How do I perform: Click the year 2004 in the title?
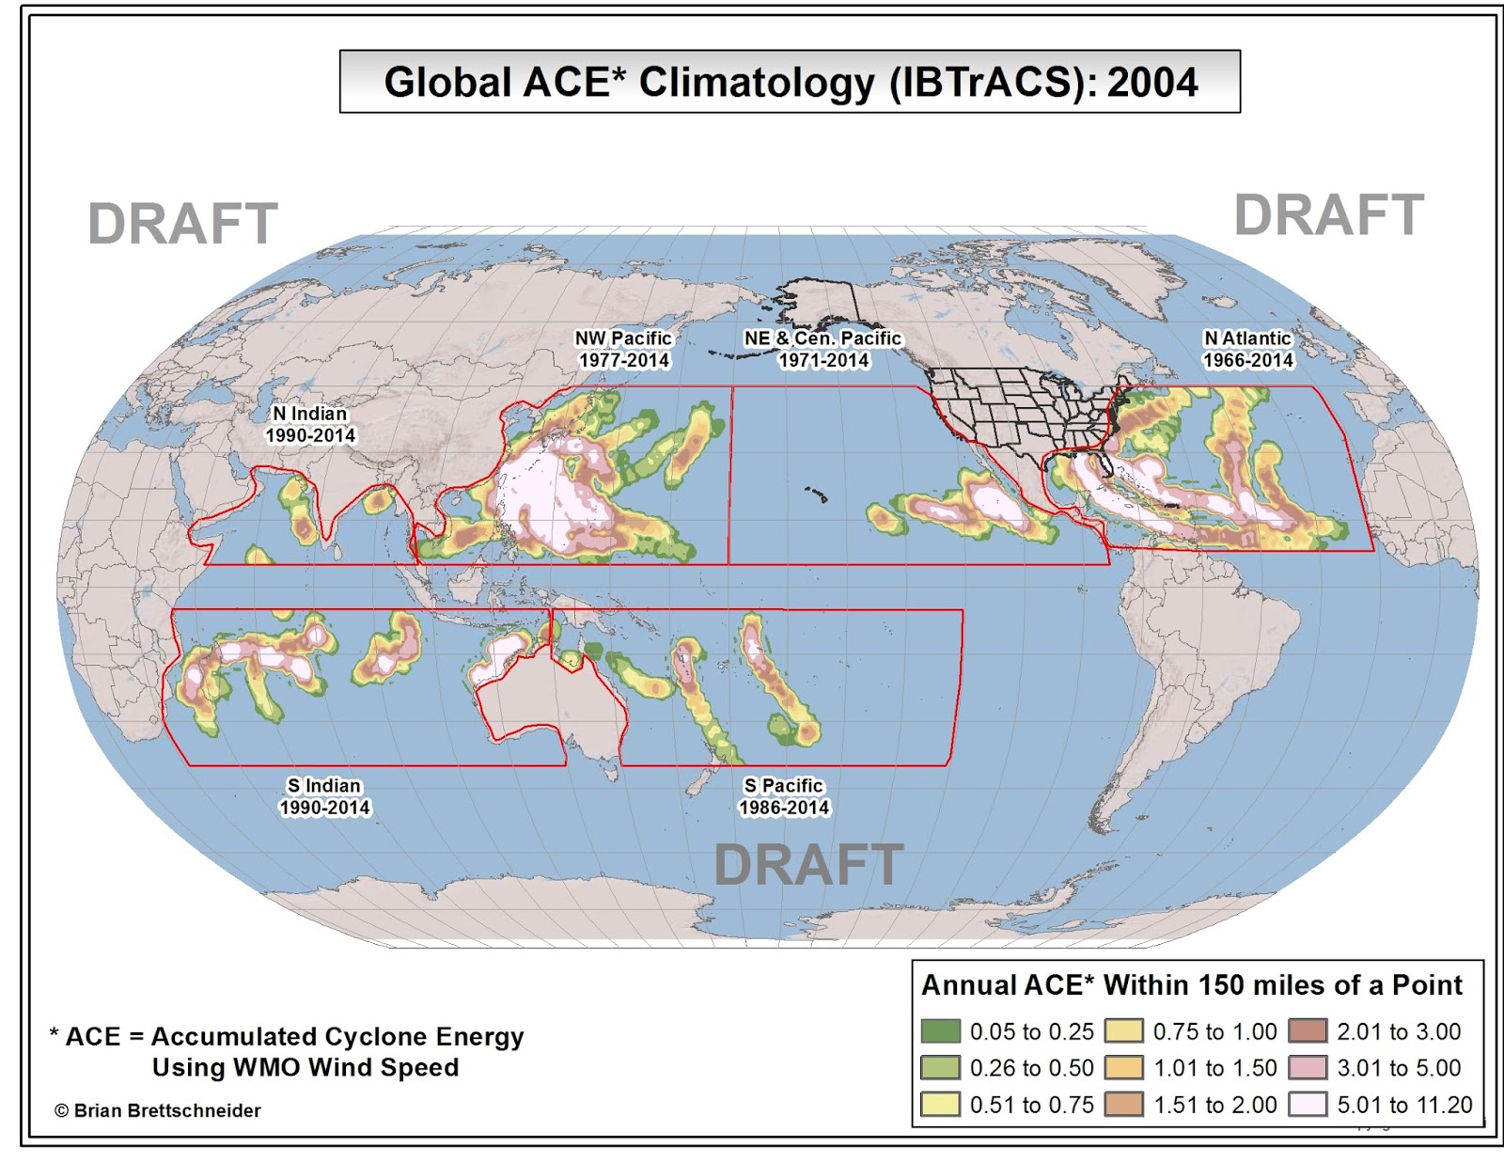1152,83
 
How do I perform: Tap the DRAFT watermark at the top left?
182,224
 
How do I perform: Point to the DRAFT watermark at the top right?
1328,215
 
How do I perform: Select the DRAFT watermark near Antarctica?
808,865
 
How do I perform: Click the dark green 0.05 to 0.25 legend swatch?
940,1031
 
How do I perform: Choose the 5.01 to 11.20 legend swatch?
1308,1105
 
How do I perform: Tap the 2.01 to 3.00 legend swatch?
1308,1031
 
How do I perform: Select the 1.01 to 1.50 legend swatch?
1124,1068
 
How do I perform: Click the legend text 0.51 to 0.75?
1031,1105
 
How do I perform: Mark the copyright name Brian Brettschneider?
167,1110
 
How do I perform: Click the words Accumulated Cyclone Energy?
337,1036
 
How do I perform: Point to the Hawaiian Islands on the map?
816,493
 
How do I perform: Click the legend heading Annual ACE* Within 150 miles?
1191,984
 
